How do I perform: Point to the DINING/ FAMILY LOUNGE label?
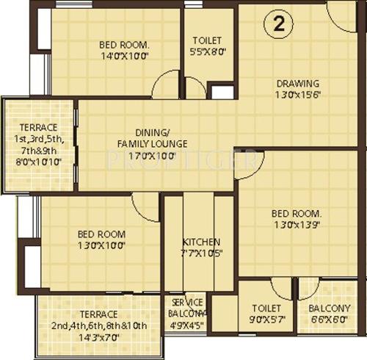click(x=152, y=138)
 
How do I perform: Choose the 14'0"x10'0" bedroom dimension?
click(x=124, y=55)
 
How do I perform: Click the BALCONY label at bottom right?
click(x=329, y=309)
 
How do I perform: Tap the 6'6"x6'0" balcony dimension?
click(x=329, y=320)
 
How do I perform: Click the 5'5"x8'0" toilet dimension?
click(x=208, y=52)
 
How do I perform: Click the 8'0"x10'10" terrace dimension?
click(x=38, y=161)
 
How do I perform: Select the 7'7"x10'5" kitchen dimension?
click(x=200, y=254)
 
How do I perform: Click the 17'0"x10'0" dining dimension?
click(x=152, y=156)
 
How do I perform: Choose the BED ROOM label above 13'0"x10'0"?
click(x=101, y=234)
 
